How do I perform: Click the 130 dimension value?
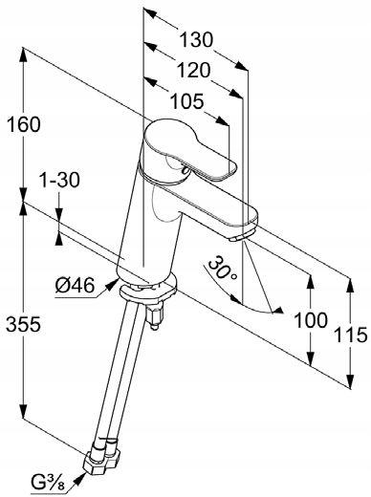tap(196, 40)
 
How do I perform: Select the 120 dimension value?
tap(194, 70)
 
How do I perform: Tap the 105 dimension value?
tap(186, 101)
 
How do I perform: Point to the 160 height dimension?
tap(23, 124)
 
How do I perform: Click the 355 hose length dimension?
tap(23, 324)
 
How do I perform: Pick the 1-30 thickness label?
tap(59, 180)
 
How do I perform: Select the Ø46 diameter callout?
tap(75, 285)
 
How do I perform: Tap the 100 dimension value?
tap(311, 320)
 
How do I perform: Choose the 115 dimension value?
tap(350, 335)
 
